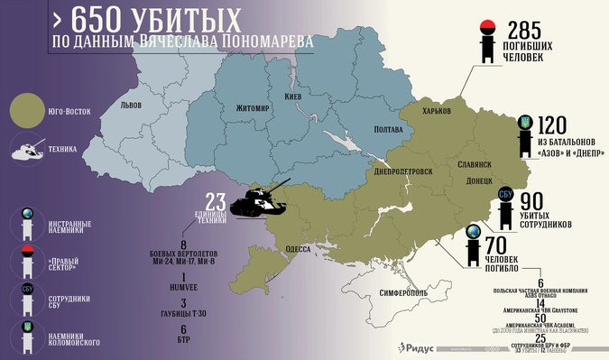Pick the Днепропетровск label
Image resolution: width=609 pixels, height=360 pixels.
point(402,171)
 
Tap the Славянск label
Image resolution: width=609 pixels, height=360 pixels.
point(474,165)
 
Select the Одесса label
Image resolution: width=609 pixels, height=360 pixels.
point(299,248)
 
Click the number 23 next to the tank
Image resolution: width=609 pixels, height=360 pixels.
point(214,199)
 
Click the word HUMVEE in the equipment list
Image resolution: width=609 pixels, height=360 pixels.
point(184,288)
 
